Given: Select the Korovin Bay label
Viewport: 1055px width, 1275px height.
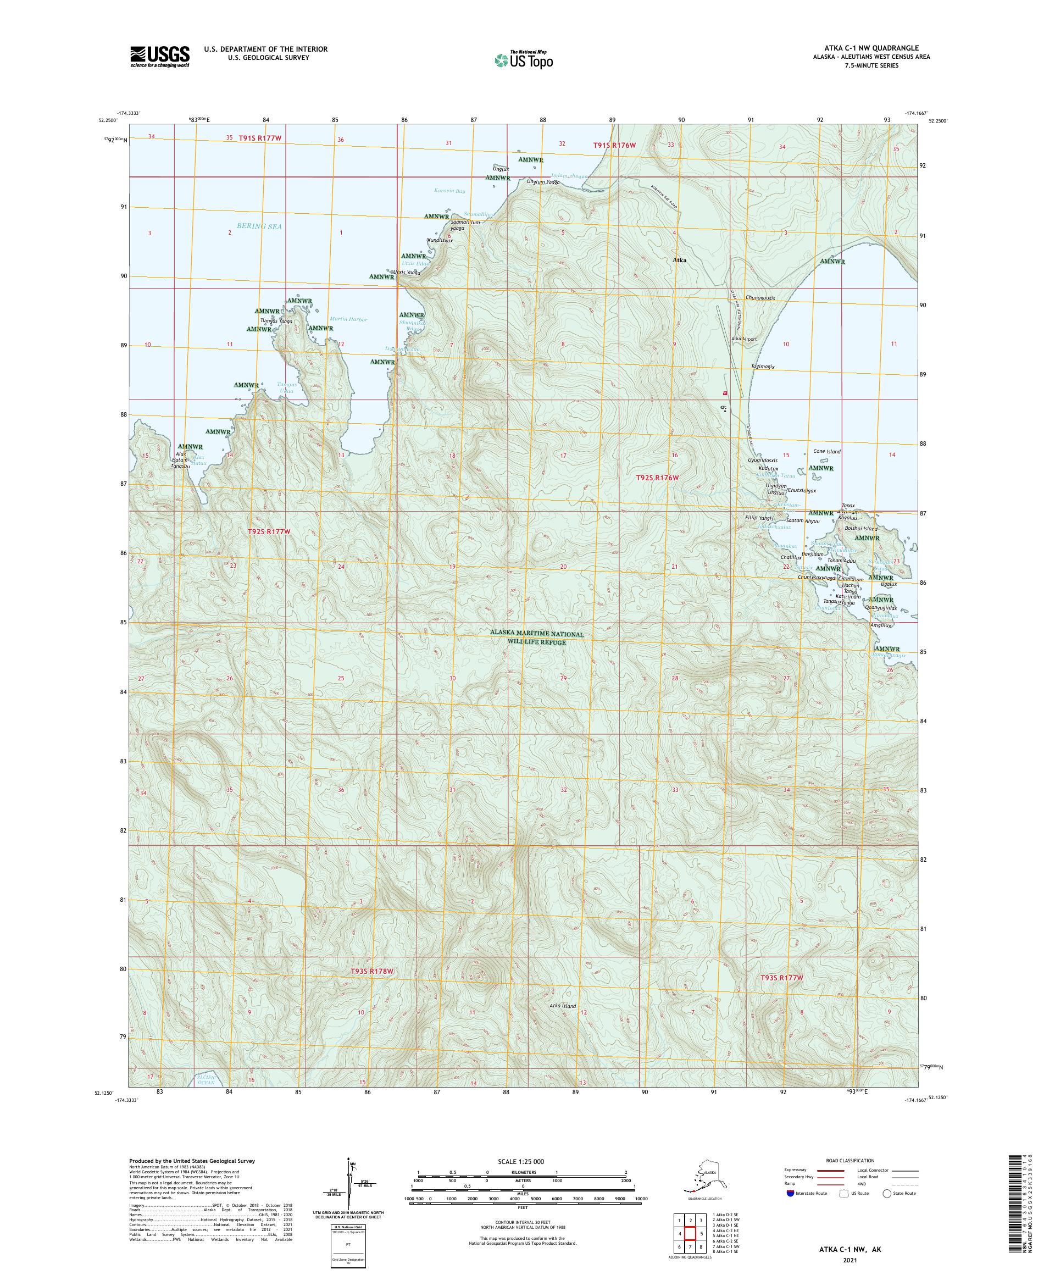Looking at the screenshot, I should [x=450, y=191].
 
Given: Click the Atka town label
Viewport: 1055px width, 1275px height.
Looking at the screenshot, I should [x=679, y=260].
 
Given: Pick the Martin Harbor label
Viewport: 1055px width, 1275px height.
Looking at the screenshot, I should [x=348, y=319].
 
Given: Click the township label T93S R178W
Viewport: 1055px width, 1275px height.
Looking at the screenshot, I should [x=372, y=989].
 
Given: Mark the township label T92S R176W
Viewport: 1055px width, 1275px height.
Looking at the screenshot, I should [x=657, y=478].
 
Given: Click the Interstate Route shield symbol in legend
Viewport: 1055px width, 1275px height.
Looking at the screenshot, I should [x=789, y=1193].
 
